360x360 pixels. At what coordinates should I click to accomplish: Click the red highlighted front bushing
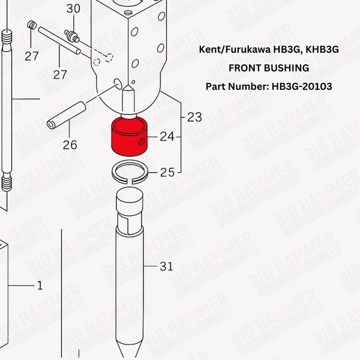point(129,137)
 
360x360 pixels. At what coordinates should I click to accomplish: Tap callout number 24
point(167,137)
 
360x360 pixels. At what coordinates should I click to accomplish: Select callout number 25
point(167,172)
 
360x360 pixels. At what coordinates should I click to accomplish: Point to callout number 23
point(194,117)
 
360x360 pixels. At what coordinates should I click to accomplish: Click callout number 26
point(70,145)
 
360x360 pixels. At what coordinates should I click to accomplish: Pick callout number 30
point(73,9)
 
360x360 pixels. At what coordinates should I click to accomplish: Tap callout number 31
point(166,266)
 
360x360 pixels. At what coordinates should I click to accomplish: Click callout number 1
point(40,286)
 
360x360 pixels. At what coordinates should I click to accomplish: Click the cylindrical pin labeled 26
point(67,115)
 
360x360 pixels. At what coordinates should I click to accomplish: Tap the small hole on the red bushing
point(141,142)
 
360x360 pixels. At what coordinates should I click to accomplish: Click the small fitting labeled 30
point(71,36)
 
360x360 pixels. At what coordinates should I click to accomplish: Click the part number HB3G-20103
point(302,86)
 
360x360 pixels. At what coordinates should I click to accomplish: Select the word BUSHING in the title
point(287,68)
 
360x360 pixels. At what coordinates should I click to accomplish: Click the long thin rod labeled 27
point(59,41)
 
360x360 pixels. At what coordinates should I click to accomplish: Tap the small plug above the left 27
point(32,25)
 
